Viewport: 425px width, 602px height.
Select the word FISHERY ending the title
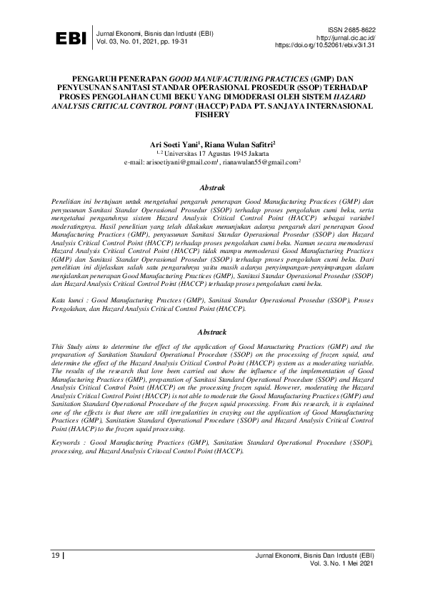[x=212, y=113]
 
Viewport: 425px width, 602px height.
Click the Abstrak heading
[x=212, y=188]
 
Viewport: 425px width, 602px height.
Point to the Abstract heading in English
[x=212, y=332]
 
